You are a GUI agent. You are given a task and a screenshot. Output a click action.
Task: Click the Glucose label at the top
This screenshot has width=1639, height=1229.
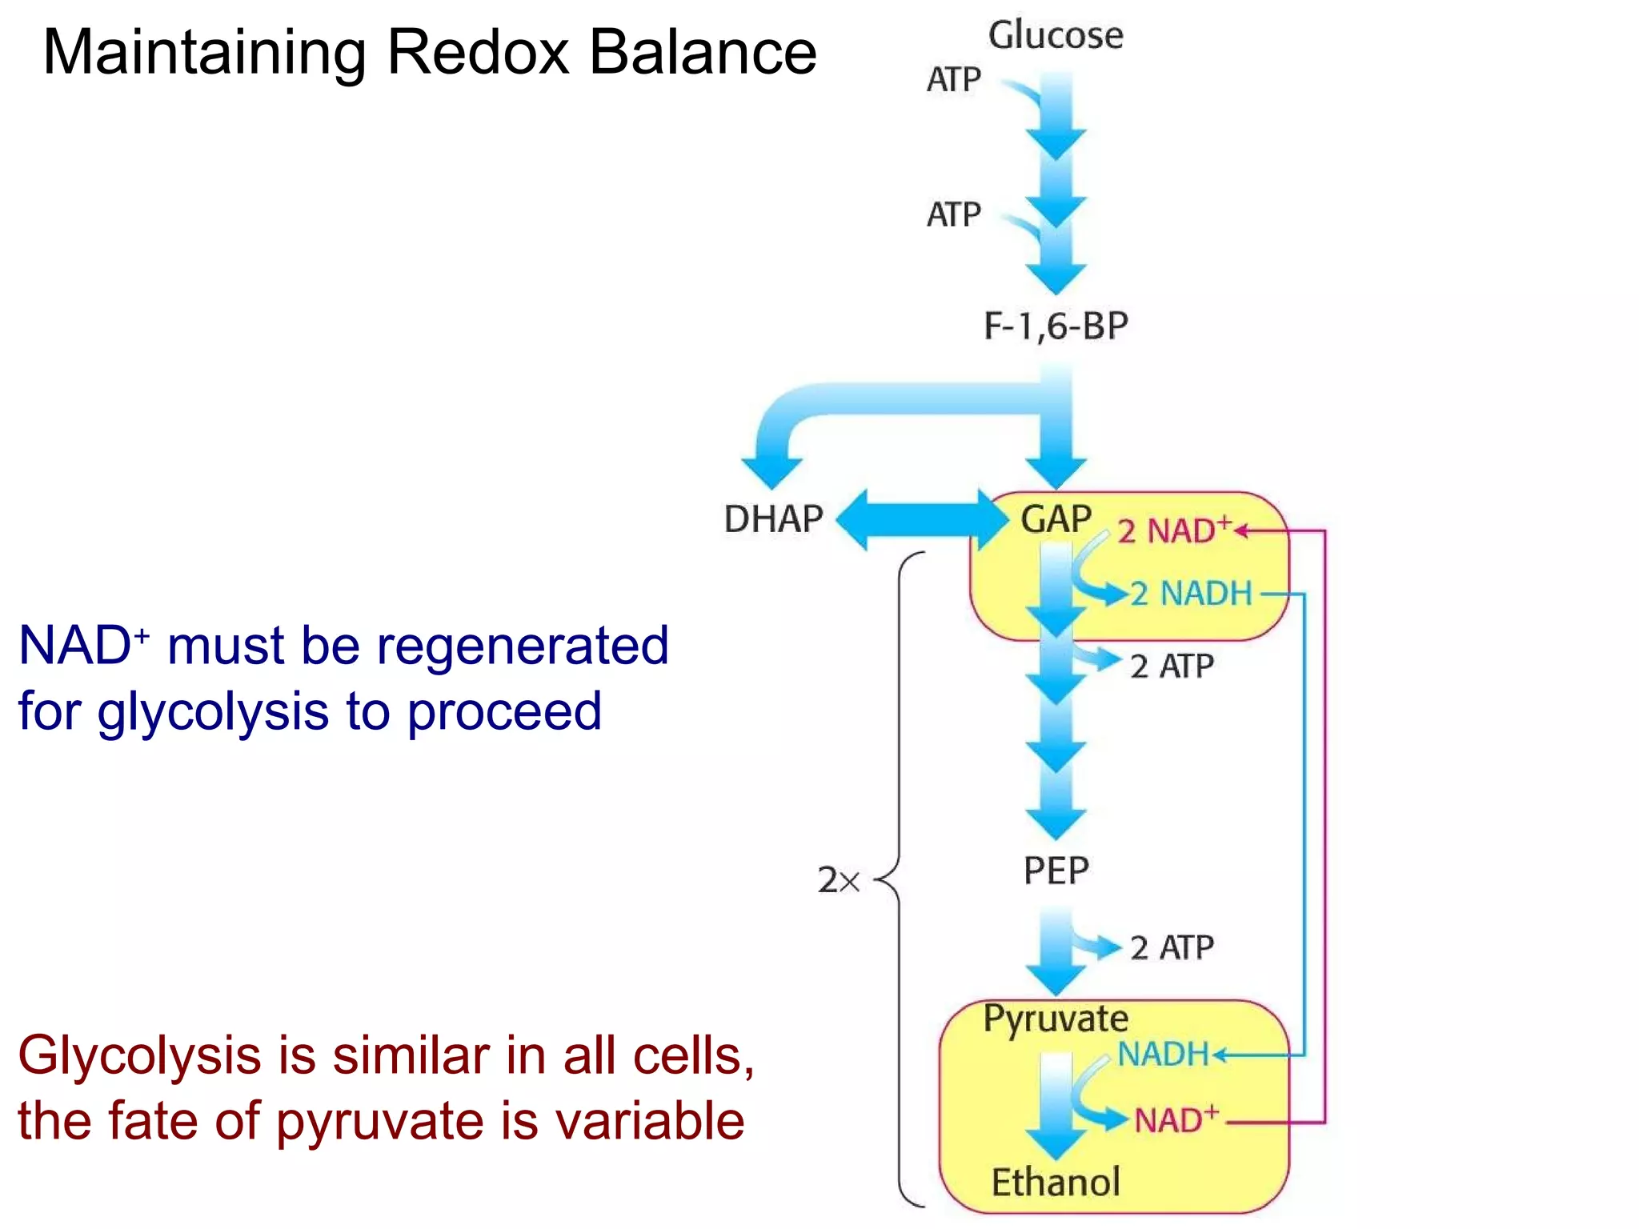[x=1055, y=36]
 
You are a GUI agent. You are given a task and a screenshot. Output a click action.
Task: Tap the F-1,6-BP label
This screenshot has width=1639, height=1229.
[x=1056, y=326]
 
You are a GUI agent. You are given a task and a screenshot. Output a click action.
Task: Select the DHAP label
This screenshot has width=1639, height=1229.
[x=773, y=519]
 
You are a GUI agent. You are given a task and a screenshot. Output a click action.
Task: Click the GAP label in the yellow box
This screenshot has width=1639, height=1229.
[x=1056, y=519]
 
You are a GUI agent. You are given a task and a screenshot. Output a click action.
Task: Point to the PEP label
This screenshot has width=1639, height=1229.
[x=1056, y=871]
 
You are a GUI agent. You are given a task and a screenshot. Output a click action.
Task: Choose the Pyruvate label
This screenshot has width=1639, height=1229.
[x=1056, y=1019]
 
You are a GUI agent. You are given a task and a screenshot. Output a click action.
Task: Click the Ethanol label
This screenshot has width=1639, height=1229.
[x=1056, y=1182]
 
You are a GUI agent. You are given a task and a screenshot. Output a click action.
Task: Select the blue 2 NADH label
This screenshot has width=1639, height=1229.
[x=1191, y=594]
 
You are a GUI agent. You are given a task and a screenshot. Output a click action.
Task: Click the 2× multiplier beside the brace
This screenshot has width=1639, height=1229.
[x=838, y=880]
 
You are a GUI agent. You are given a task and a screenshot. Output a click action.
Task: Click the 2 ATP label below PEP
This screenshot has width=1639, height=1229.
[x=1172, y=947]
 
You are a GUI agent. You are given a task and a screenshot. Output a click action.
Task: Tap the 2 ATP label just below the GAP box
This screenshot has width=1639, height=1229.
[x=1172, y=666]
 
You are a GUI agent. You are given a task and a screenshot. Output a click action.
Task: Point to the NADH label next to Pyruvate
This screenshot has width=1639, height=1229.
[x=1163, y=1055]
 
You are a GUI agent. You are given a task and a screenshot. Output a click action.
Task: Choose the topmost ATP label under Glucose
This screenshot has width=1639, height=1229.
[x=953, y=79]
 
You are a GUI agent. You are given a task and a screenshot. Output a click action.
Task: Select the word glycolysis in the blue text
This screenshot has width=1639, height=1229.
[x=213, y=711]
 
